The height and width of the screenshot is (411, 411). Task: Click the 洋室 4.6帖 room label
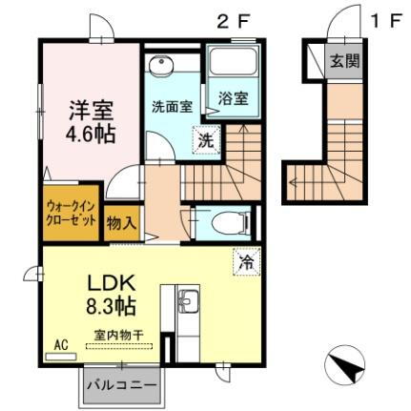(92, 121)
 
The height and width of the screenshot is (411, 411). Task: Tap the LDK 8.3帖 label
(113, 295)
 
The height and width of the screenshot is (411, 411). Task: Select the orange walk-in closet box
(72, 213)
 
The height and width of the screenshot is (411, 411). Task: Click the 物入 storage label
(121, 223)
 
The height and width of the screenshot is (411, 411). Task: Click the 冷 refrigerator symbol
(244, 258)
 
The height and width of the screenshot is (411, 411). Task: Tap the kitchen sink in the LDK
(188, 304)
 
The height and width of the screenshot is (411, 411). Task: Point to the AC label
(61, 345)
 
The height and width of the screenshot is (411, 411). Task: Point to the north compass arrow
(345, 364)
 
